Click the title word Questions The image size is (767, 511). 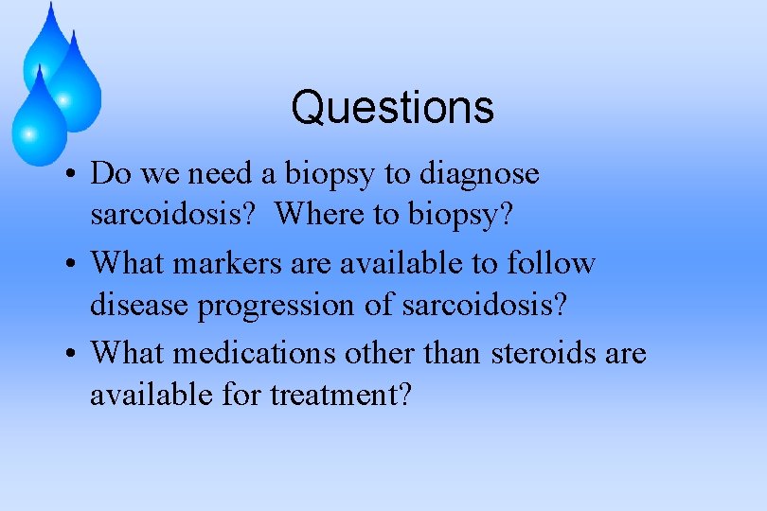point(392,108)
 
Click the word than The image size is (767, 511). point(453,353)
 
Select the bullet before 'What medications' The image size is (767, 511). point(72,355)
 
